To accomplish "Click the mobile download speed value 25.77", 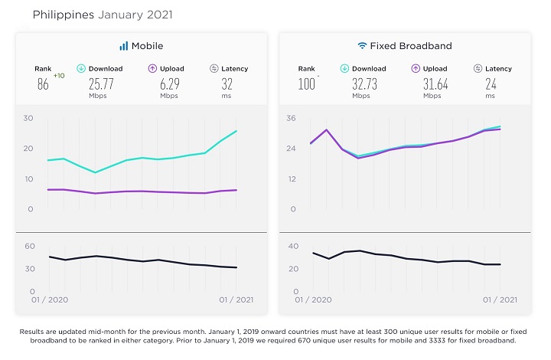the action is [x=101, y=84].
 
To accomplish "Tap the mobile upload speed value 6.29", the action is [x=170, y=84].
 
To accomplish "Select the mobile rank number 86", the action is [x=43, y=84].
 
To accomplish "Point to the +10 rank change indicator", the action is [x=59, y=76].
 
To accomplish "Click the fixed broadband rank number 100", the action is [x=306, y=84].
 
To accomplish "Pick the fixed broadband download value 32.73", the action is [x=365, y=84].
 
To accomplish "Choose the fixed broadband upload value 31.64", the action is [x=435, y=84].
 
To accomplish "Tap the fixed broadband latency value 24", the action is [x=491, y=84].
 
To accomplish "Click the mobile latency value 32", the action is [x=227, y=84].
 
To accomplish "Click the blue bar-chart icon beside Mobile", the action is [x=124, y=46].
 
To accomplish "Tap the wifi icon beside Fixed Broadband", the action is [x=362, y=46].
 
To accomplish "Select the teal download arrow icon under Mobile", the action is [x=81, y=69].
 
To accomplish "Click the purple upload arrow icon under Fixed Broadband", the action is [x=416, y=69].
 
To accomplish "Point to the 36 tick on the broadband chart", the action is [x=291, y=118].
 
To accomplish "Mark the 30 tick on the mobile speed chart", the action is [x=28, y=118].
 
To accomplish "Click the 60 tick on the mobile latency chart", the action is [x=30, y=246].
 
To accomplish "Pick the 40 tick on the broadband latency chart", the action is [x=293, y=246].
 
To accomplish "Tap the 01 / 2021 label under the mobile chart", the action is [x=236, y=300].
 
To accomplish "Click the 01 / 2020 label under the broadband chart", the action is [x=313, y=300].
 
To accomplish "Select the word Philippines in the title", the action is [x=64, y=15].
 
